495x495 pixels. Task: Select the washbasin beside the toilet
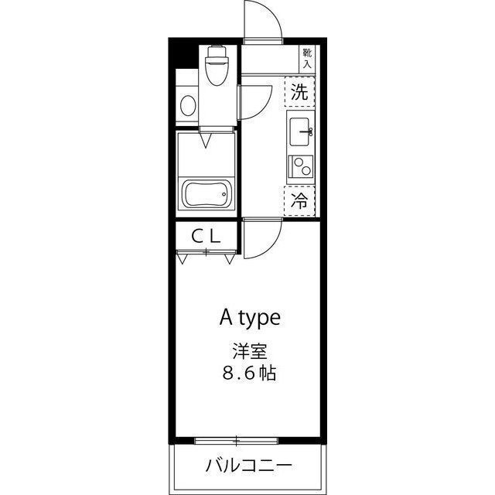coord(186,105)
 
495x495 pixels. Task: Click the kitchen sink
coord(301,131)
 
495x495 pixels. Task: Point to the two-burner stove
coord(300,166)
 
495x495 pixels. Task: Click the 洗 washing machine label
coord(301,93)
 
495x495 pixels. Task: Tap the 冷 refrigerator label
coord(301,201)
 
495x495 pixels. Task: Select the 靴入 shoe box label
coord(307,58)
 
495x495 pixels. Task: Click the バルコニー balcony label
coord(248,466)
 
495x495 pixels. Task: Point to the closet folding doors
coord(207,256)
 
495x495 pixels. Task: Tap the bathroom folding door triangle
coord(207,141)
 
